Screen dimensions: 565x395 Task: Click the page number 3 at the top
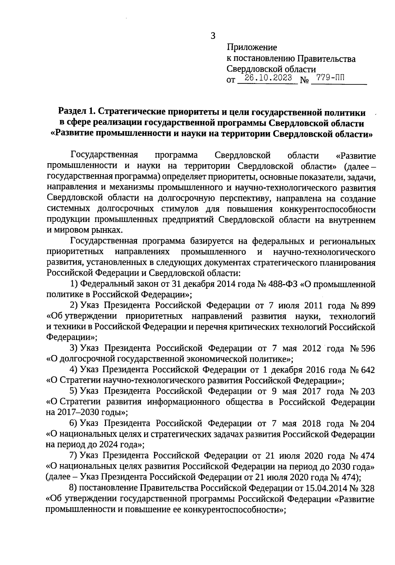tap(213, 36)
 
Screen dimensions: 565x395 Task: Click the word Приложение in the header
tap(252, 47)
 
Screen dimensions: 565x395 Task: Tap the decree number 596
tap(368, 348)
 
